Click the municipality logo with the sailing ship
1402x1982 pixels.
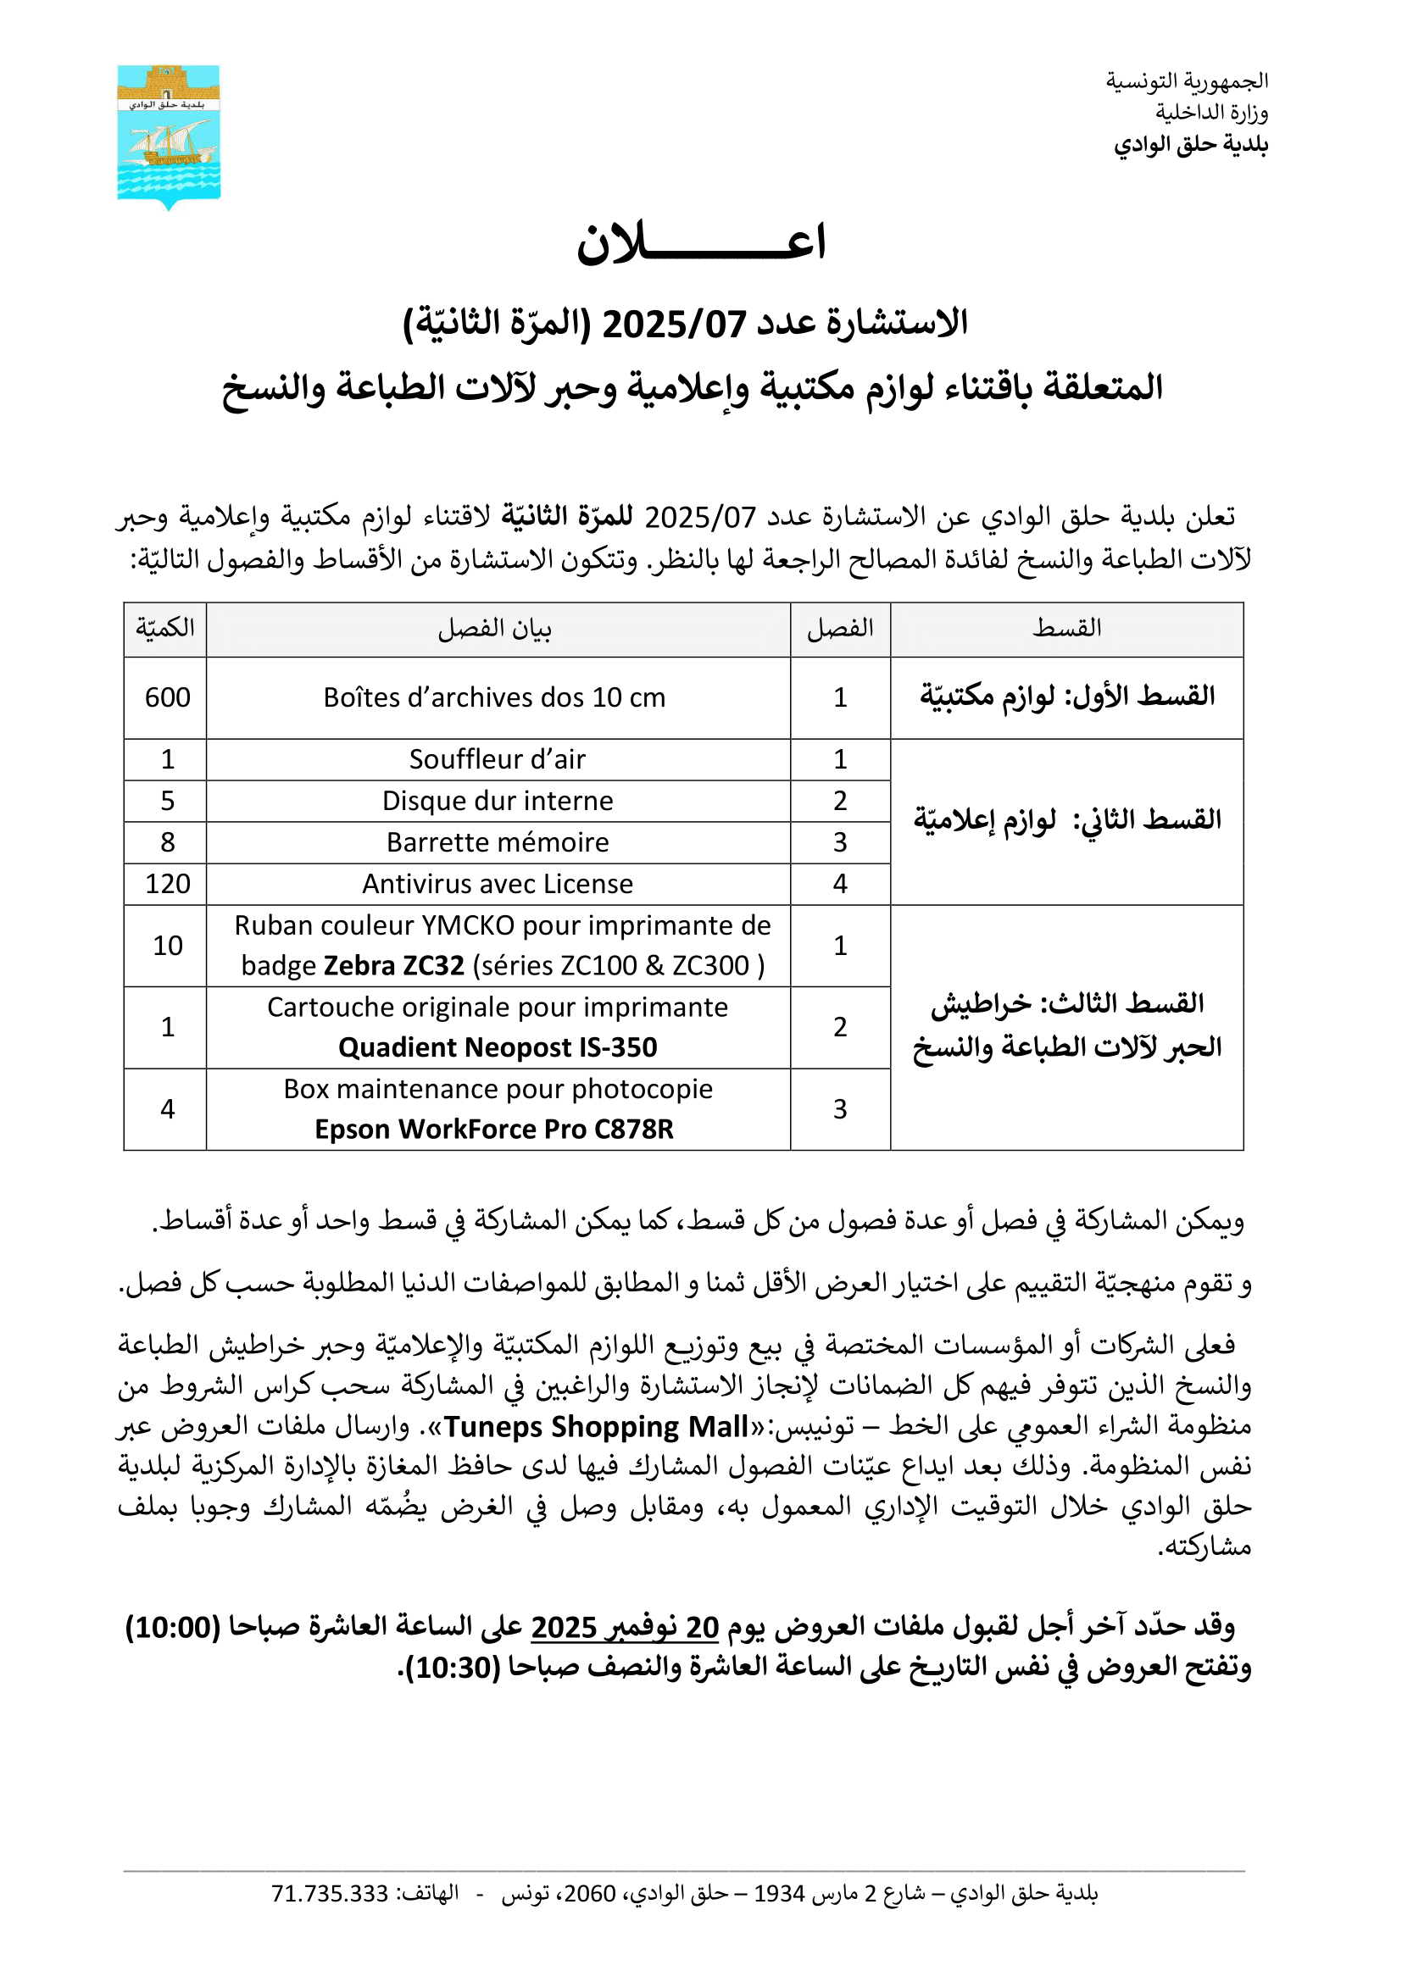coord(169,136)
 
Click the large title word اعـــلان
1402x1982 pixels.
coord(700,242)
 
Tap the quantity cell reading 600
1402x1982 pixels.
coord(168,697)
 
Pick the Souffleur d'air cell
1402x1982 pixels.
coord(498,759)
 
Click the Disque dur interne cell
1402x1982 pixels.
coord(498,801)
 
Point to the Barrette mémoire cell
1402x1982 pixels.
coord(498,842)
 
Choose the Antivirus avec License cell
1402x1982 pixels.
coord(498,884)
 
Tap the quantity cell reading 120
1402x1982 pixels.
coord(168,884)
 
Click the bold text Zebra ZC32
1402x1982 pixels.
coord(393,965)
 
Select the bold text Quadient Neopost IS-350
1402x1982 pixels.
coord(498,1047)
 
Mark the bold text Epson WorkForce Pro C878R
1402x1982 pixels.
coord(494,1129)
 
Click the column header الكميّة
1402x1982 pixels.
coord(165,629)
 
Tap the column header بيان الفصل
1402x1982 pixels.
coord(495,630)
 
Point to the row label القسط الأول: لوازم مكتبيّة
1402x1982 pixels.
coord(1067,696)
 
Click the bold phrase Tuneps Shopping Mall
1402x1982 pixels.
coord(596,1427)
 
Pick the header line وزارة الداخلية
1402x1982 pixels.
coord(1211,112)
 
